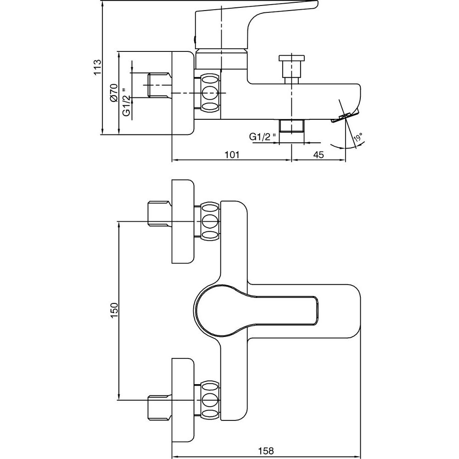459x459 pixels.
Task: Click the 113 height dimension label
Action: pos(97,67)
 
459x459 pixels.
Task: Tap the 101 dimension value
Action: pos(232,155)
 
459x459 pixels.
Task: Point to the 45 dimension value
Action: pos(319,155)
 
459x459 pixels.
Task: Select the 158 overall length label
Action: pos(265,451)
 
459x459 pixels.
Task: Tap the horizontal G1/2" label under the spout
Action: pos(263,137)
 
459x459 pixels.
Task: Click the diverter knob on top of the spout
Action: pos(292,69)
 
